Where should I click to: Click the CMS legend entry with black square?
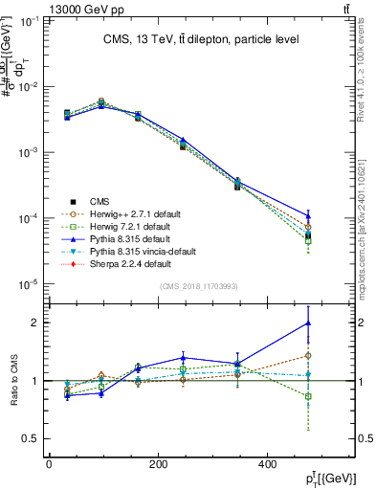(x=100, y=201)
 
